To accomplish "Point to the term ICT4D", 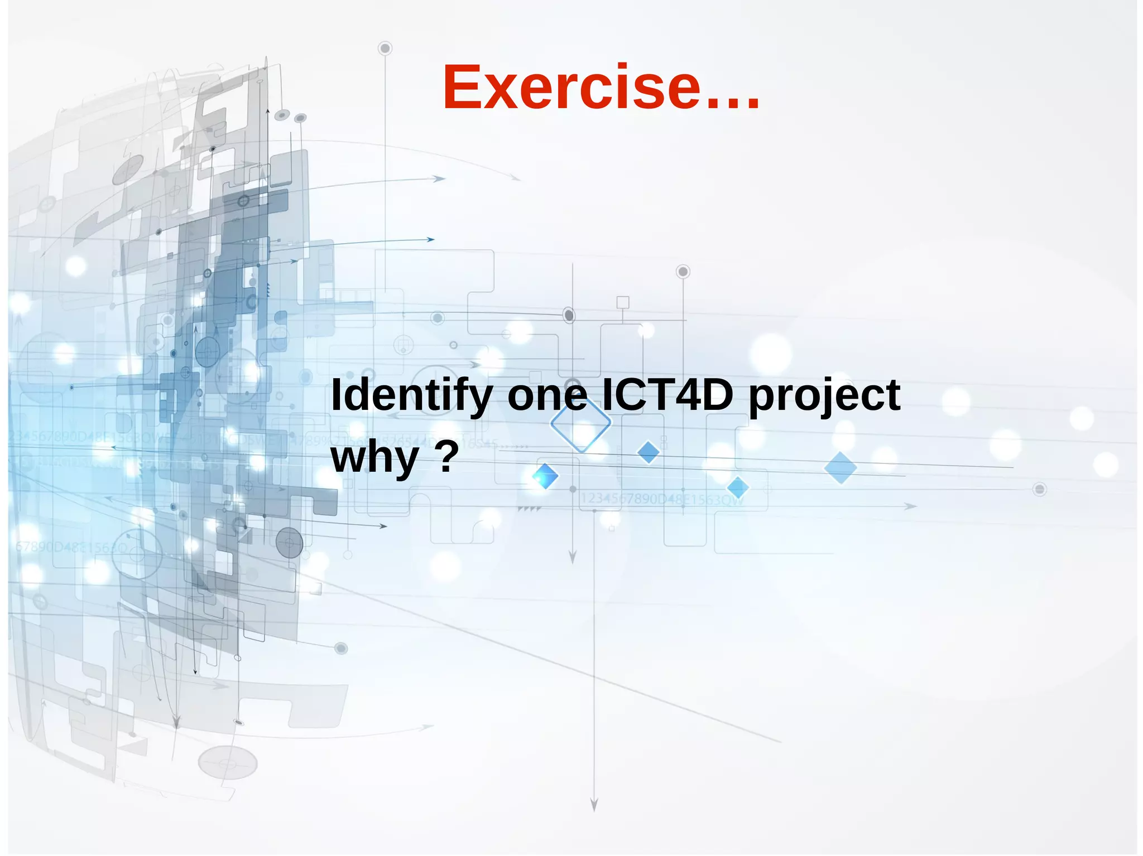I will point(667,395).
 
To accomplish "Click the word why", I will point(374,457).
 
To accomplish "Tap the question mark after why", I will point(446,456).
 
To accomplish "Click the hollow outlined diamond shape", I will point(580,423).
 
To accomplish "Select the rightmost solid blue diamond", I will point(840,467).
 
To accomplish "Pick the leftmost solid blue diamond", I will point(545,476).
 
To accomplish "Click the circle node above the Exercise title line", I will point(385,49).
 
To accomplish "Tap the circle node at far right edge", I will point(1039,489).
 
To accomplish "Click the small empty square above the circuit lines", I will point(623,302).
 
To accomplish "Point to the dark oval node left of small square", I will point(569,315).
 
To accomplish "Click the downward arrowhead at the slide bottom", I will point(594,805).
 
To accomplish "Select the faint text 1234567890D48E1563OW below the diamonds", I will point(662,499).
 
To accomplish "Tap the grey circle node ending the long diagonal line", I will point(341,648).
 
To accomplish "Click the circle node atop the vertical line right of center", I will point(683,272).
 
